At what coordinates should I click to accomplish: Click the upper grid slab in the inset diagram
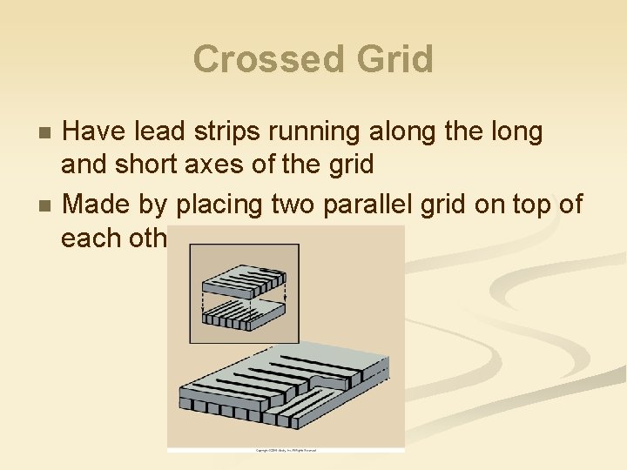[243, 281]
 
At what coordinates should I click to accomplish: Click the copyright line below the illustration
[286, 450]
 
